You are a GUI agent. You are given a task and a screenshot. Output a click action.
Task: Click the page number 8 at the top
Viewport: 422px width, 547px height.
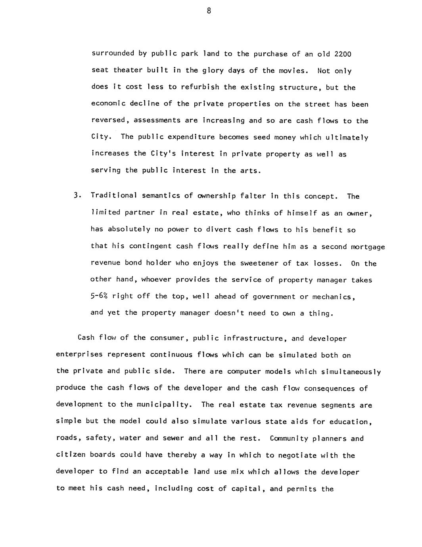point(209,11)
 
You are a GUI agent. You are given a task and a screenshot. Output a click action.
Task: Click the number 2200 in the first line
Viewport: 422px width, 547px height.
point(343,54)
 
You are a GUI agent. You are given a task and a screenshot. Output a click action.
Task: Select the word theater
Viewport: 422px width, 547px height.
point(128,71)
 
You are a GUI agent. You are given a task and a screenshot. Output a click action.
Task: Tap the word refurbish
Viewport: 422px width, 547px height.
point(200,87)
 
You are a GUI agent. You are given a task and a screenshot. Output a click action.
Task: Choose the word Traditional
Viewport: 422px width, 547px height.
point(114,196)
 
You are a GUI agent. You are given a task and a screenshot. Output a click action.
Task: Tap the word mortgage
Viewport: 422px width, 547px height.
point(368,247)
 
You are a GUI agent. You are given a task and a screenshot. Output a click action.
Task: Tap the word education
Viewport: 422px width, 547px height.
point(351,422)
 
